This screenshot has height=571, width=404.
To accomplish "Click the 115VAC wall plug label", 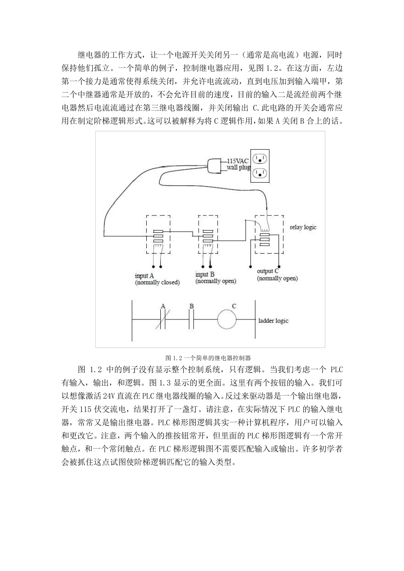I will pos(238,164).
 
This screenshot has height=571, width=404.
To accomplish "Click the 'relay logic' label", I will pos(303,227).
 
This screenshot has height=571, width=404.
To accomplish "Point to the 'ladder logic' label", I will pos(273,320).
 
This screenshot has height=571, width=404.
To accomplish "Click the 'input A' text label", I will pos(144,276).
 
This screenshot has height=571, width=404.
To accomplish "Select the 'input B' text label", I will pos(205,274).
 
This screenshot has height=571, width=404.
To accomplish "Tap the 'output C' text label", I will pos(268,271).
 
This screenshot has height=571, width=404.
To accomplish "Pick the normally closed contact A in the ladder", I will pos(162,319).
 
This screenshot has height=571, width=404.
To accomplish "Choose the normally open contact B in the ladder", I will pos(192,319).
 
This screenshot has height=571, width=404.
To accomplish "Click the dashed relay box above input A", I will pos(158,234).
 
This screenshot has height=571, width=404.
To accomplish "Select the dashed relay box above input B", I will pos(208,233).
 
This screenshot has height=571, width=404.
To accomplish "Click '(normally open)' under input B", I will pos(216,281).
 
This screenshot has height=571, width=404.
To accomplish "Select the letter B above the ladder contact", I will pos(192,306).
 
